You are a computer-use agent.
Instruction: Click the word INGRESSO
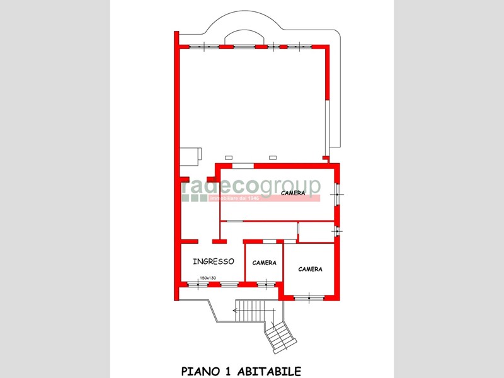(214, 261)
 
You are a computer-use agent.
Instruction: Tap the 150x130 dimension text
(207, 278)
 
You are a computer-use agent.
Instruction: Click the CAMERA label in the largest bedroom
(294, 194)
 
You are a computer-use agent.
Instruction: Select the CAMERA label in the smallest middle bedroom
(264, 263)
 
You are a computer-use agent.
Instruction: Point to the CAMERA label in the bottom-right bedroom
(310, 269)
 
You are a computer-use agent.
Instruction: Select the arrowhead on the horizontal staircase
(236, 309)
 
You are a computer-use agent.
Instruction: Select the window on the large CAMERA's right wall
(338, 192)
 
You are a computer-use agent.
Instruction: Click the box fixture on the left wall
(190, 155)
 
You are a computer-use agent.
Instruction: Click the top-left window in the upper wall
(200, 46)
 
